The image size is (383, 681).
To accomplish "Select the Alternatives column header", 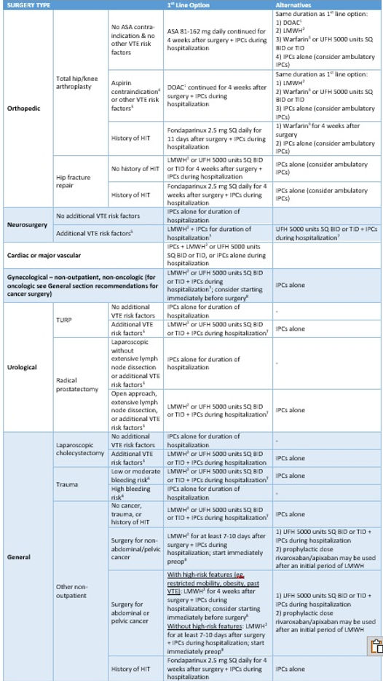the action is pyautogui.click(x=293, y=4).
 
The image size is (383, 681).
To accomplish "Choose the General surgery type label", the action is pyautogui.click(x=19, y=556).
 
